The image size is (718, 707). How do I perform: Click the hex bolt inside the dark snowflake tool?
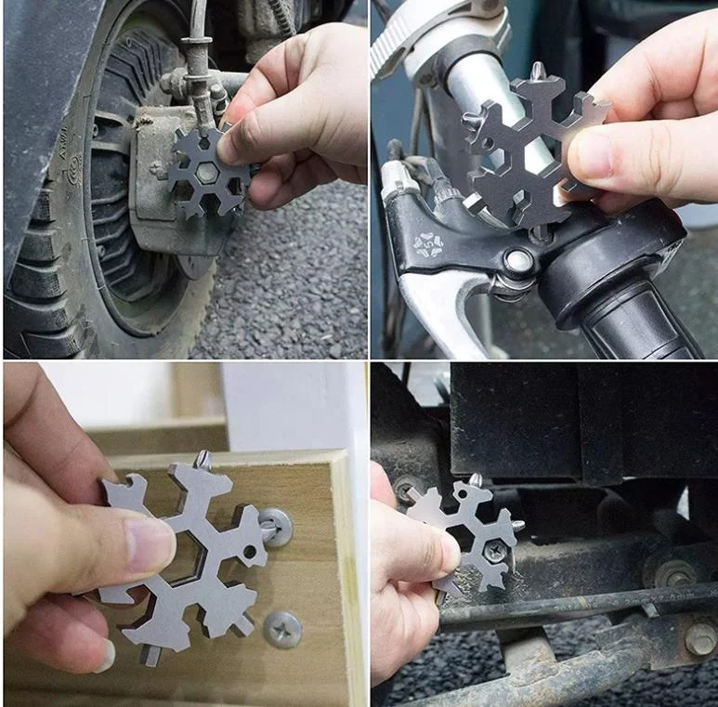pos(202,173)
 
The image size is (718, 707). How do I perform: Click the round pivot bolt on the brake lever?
pos(517,263)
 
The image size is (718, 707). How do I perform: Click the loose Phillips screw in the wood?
pos(281,629)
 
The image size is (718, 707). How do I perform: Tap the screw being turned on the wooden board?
pos(275,526)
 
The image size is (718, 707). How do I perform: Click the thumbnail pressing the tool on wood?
pos(149,543)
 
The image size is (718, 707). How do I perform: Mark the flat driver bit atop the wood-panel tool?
pos(203,458)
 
